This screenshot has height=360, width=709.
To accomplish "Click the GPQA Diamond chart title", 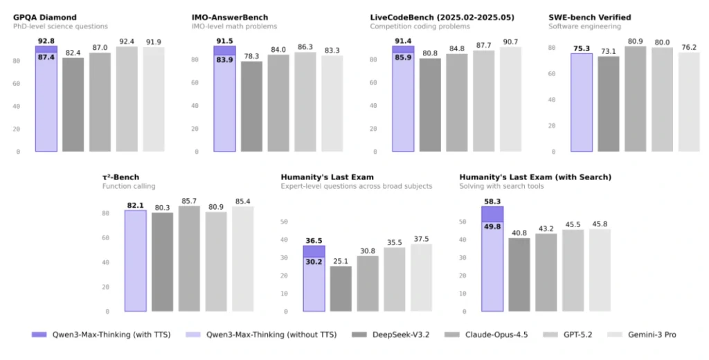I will (x=45, y=17).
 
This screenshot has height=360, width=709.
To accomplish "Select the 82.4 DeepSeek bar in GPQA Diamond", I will (x=73, y=104).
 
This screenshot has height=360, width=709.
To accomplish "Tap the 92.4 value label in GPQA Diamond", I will (x=127, y=42).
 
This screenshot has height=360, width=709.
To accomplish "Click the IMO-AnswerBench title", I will (x=229, y=17).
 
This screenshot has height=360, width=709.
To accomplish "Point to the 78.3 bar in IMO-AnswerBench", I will (x=251, y=106).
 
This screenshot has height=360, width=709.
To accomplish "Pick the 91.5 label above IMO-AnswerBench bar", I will (x=224, y=41).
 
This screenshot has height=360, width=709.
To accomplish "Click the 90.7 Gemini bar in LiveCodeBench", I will (x=511, y=99).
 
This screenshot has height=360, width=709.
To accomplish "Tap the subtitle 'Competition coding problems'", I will (x=420, y=26).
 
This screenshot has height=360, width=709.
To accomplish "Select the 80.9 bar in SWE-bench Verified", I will (x=636, y=98).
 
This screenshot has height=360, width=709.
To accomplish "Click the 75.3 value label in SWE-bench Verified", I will (x=582, y=48).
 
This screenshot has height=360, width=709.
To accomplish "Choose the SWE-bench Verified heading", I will (x=589, y=17).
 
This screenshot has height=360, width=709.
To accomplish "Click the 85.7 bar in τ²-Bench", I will (x=190, y=258).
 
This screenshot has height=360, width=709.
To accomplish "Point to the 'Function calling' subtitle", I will (x=129, y=186).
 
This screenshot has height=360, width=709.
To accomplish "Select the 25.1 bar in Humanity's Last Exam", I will (x=340, y=289).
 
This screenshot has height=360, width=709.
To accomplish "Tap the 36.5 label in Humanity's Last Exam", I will (x=314, y=240).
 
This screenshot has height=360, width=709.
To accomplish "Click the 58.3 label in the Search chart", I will (x=492, y=201).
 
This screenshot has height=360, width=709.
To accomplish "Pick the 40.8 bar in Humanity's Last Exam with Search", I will (x=519, y=274).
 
